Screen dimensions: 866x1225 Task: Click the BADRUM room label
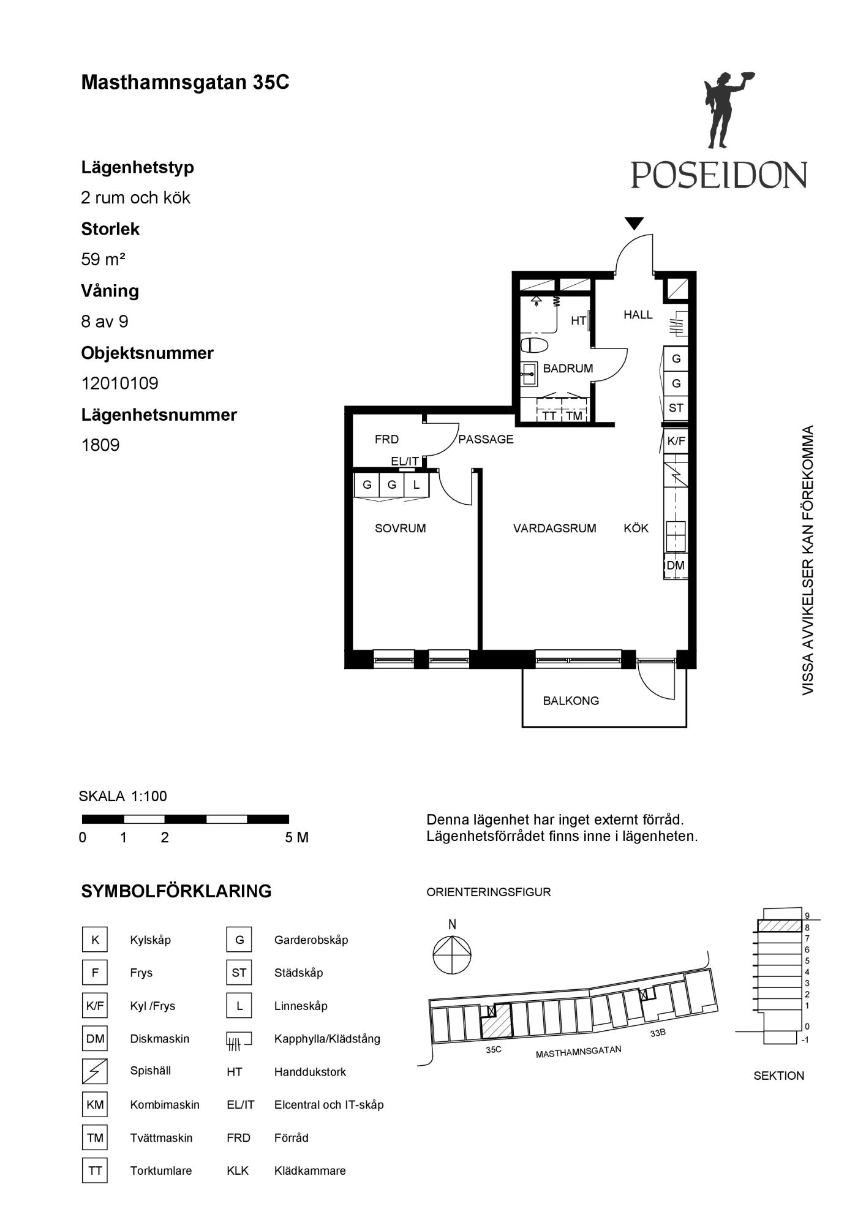pos(568,368)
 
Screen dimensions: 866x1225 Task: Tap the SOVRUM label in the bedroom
pos(400,528)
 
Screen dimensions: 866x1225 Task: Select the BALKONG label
pos(571,701)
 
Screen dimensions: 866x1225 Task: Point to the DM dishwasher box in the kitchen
pos(676,565)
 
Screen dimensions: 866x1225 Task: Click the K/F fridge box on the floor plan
pos(676,440)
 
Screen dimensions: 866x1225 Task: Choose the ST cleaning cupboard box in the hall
pos(676,408)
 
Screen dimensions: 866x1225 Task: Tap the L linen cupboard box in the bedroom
pos(416,485)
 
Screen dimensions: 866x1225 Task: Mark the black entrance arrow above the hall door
pos(634,223)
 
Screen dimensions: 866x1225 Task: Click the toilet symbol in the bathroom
pos(534,345)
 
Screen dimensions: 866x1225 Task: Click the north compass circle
pos(452,955)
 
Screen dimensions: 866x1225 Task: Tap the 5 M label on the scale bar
pos(296,837)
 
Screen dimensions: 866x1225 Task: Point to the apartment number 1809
pos(100,445)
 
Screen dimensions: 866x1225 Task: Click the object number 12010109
pos(120,383)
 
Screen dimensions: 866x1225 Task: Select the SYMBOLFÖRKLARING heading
pos(176,891)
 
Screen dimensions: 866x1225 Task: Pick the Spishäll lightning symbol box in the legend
pos(95,1071)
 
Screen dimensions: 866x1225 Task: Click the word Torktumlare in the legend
pos(161,1170)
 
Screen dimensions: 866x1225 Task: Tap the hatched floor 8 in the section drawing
pos(780,925)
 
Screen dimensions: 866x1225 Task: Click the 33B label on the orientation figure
pos(658,1033)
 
